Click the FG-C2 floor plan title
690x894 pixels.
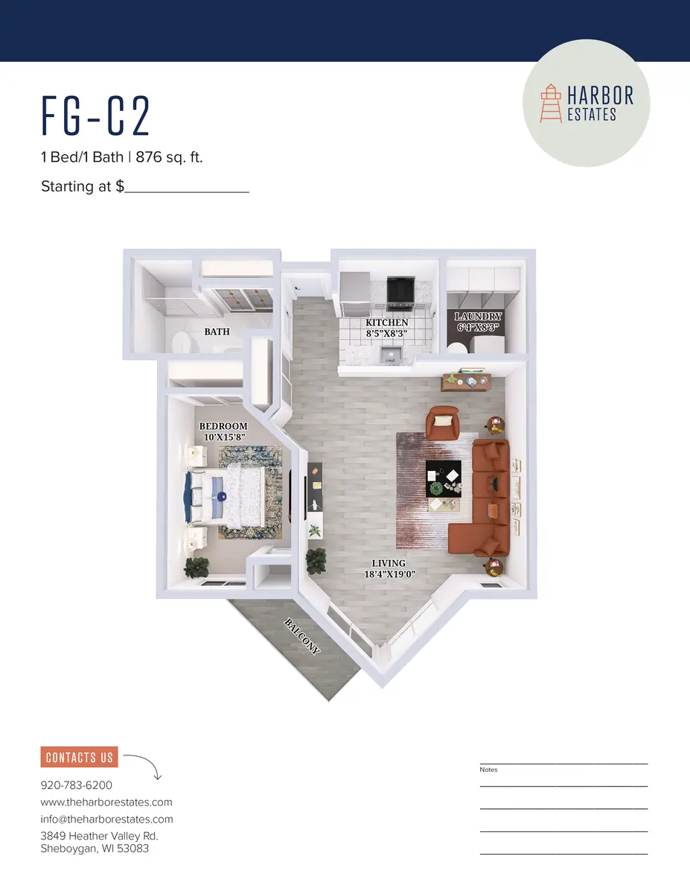(96, 118)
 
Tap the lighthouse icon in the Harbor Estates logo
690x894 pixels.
(552, 104)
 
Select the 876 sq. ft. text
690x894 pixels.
(170, 158)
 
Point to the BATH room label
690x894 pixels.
(217, 332)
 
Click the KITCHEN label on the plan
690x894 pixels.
(386, 323)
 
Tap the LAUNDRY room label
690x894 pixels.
(479, 317)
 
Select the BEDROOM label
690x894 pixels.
(223, 427)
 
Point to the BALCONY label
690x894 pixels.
(302, 635)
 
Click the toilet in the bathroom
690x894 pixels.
(182, 343)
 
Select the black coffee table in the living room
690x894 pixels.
(444, 478)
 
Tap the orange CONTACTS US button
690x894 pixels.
(79, 758)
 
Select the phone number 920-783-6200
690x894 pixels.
(76, 785)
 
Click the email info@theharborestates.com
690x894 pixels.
(106, 819)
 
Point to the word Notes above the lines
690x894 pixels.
(488, 770)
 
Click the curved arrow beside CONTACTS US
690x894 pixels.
(144, 766)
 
